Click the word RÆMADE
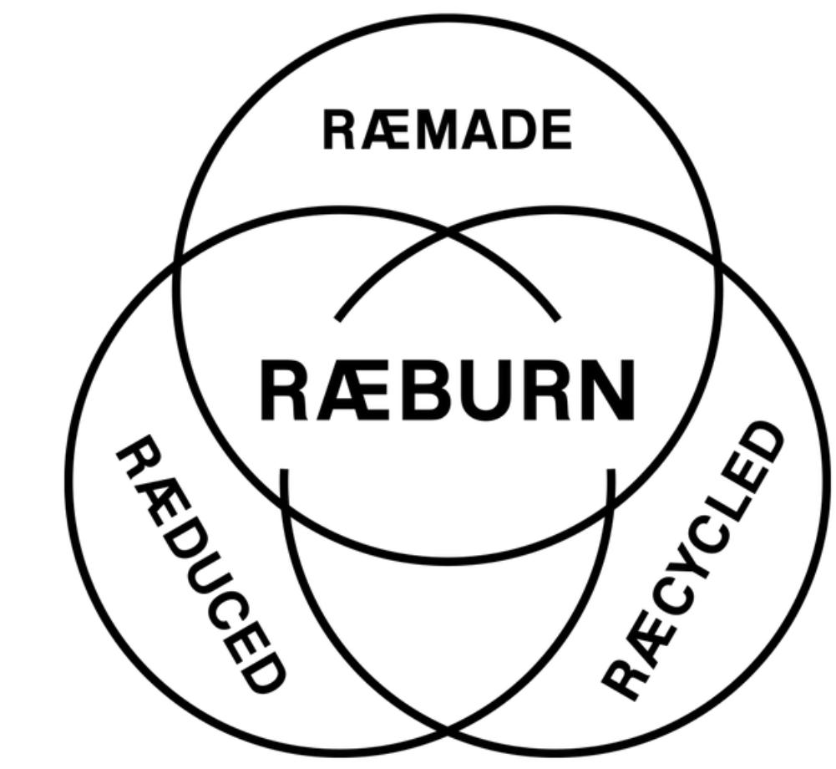[x=447, y=131]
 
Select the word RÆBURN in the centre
[x=447, y=390]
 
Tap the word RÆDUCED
[x=201, y=565]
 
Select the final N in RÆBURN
[x=606, y=390]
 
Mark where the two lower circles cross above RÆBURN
[x=448, y=235]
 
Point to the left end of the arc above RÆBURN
[x=337, y=318]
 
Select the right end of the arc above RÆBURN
[x=557, y=318]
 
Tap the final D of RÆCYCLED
[x=767, y=443]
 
